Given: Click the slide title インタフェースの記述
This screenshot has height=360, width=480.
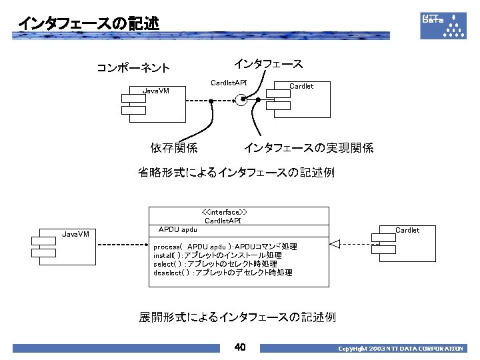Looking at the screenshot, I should click(x=88, y=23).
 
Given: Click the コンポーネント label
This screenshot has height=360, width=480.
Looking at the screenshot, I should click(x=133, y=67).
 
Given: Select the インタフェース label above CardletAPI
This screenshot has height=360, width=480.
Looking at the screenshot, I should click(x=268, y=64).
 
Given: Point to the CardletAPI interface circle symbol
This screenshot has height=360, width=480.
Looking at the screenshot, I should click(x=241, y=101).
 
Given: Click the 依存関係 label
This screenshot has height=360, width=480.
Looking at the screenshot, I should click(x=173, y=147).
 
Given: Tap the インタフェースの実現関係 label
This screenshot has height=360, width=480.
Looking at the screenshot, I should click(x=308, y=147).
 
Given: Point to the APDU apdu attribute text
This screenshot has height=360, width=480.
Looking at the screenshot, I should click(x=177, y=229).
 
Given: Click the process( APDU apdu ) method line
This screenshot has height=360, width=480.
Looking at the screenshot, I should click(x=225, y=247).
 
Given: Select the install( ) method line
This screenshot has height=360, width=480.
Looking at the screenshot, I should click(x=217, y=255).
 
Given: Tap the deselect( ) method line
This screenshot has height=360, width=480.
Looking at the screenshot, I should click(x=223, y=273).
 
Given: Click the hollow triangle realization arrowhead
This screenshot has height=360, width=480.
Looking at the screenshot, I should click(x=335, y=244).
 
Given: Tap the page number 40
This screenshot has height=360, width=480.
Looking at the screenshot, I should click(x=240, y=347).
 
